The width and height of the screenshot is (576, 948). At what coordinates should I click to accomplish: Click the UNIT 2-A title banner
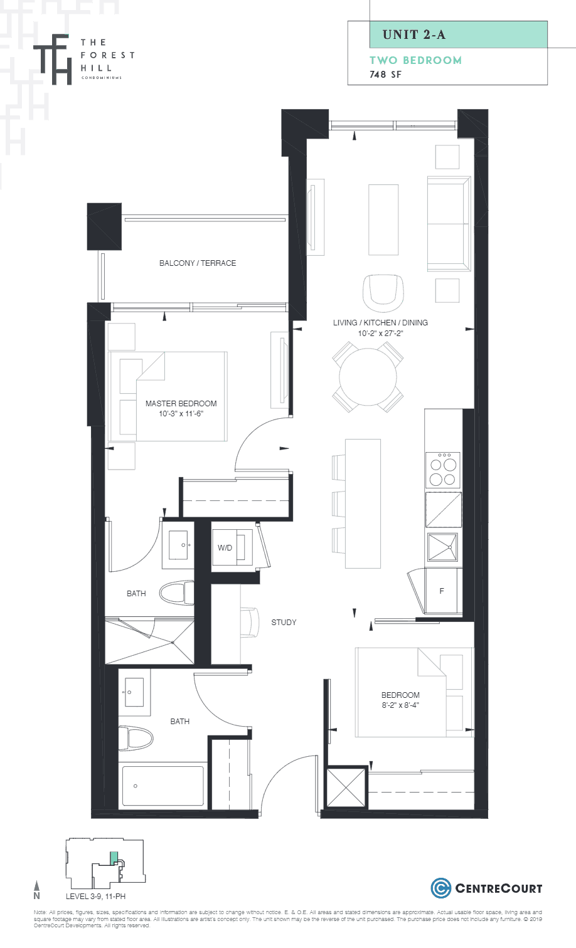pos(458,34)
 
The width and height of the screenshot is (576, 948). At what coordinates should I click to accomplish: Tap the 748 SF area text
pos(385,75)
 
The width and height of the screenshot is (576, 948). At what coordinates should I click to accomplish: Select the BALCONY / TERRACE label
pos(198,263)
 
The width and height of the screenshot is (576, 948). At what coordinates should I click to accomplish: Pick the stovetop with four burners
pos(442,470)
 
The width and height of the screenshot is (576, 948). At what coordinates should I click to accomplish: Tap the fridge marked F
pos(442,591)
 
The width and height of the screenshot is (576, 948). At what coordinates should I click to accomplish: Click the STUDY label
pos(284,623)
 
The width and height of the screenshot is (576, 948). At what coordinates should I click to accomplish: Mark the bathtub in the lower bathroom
pos(163,786)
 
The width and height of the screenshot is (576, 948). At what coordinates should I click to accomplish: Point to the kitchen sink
pos(442,547)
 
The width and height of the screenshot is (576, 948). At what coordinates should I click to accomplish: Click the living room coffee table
pos(383,219)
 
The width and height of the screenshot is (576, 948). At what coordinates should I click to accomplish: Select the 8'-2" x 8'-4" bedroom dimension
pos(400,705)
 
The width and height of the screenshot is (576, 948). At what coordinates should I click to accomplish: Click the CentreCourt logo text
pos(498,888)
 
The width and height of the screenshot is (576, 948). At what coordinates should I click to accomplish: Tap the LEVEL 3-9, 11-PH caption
pos(96,897)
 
